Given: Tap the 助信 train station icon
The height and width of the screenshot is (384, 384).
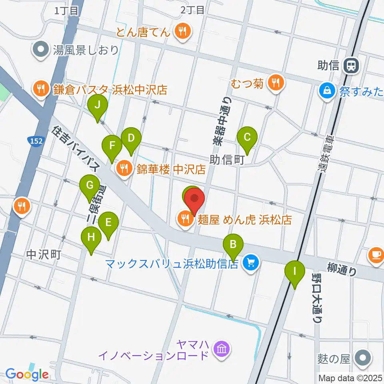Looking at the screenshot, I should pos(352,65).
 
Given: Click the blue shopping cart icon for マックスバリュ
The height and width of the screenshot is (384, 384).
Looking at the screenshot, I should pos(251,263).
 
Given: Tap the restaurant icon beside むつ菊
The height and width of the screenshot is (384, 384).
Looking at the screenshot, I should pos(275,83).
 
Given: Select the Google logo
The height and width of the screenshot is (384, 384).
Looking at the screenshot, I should pos(27,374).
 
